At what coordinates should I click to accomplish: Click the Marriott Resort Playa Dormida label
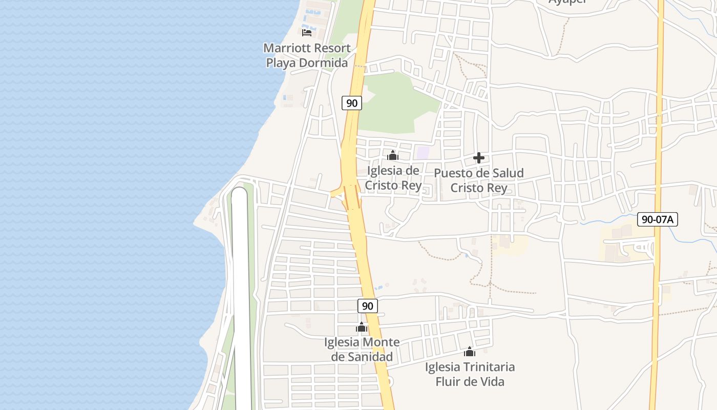tap(307, 55)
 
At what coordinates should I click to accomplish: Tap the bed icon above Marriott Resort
tap(307, 33)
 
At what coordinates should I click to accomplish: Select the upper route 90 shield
tap(352, 103)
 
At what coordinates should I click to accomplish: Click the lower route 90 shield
tap(367, 306)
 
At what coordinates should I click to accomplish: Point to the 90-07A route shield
tap(658, 220)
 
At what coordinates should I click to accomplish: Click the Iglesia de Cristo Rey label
tap(393, 178)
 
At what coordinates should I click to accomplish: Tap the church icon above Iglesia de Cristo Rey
tap(393, 155)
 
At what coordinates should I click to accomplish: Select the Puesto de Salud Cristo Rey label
tap(479, 180)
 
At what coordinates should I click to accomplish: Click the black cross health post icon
tap(479, 158)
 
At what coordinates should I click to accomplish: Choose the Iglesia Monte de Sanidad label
tap(362, 349)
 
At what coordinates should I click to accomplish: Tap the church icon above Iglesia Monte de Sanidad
tap(362, 327)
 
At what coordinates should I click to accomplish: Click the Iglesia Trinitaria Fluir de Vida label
tap(470, 374)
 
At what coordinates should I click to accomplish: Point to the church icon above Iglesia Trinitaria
tap(470, 352)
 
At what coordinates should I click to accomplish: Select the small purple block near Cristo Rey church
tap(423, 152)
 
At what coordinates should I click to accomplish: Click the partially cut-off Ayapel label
tap(567, 2)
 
